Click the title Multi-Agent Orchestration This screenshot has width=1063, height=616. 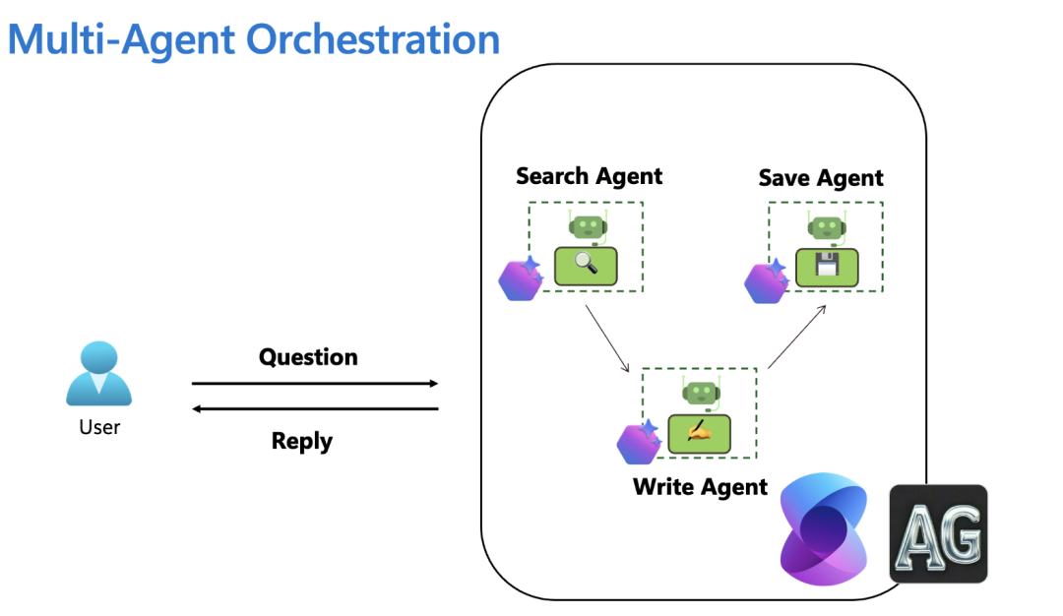(254, 39)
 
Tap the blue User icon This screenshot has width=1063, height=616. (98, 374)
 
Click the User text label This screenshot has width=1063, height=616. (99, 427)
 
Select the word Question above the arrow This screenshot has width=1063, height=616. (308, 356)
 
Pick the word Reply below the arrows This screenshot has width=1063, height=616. (302, 440)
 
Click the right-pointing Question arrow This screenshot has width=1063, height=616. (315, 383)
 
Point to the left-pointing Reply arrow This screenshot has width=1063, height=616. (315, 408)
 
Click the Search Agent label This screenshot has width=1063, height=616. (589, 176)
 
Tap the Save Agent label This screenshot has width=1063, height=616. (821, 178)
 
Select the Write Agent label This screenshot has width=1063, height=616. (700, 487)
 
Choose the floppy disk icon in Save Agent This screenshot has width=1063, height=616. (827, 267)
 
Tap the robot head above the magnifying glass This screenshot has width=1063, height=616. (587, 226)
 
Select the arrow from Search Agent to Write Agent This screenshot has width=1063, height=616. (607, 339)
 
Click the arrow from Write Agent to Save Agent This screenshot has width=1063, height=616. (796, 338)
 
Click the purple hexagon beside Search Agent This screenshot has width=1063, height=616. (519, 279)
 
